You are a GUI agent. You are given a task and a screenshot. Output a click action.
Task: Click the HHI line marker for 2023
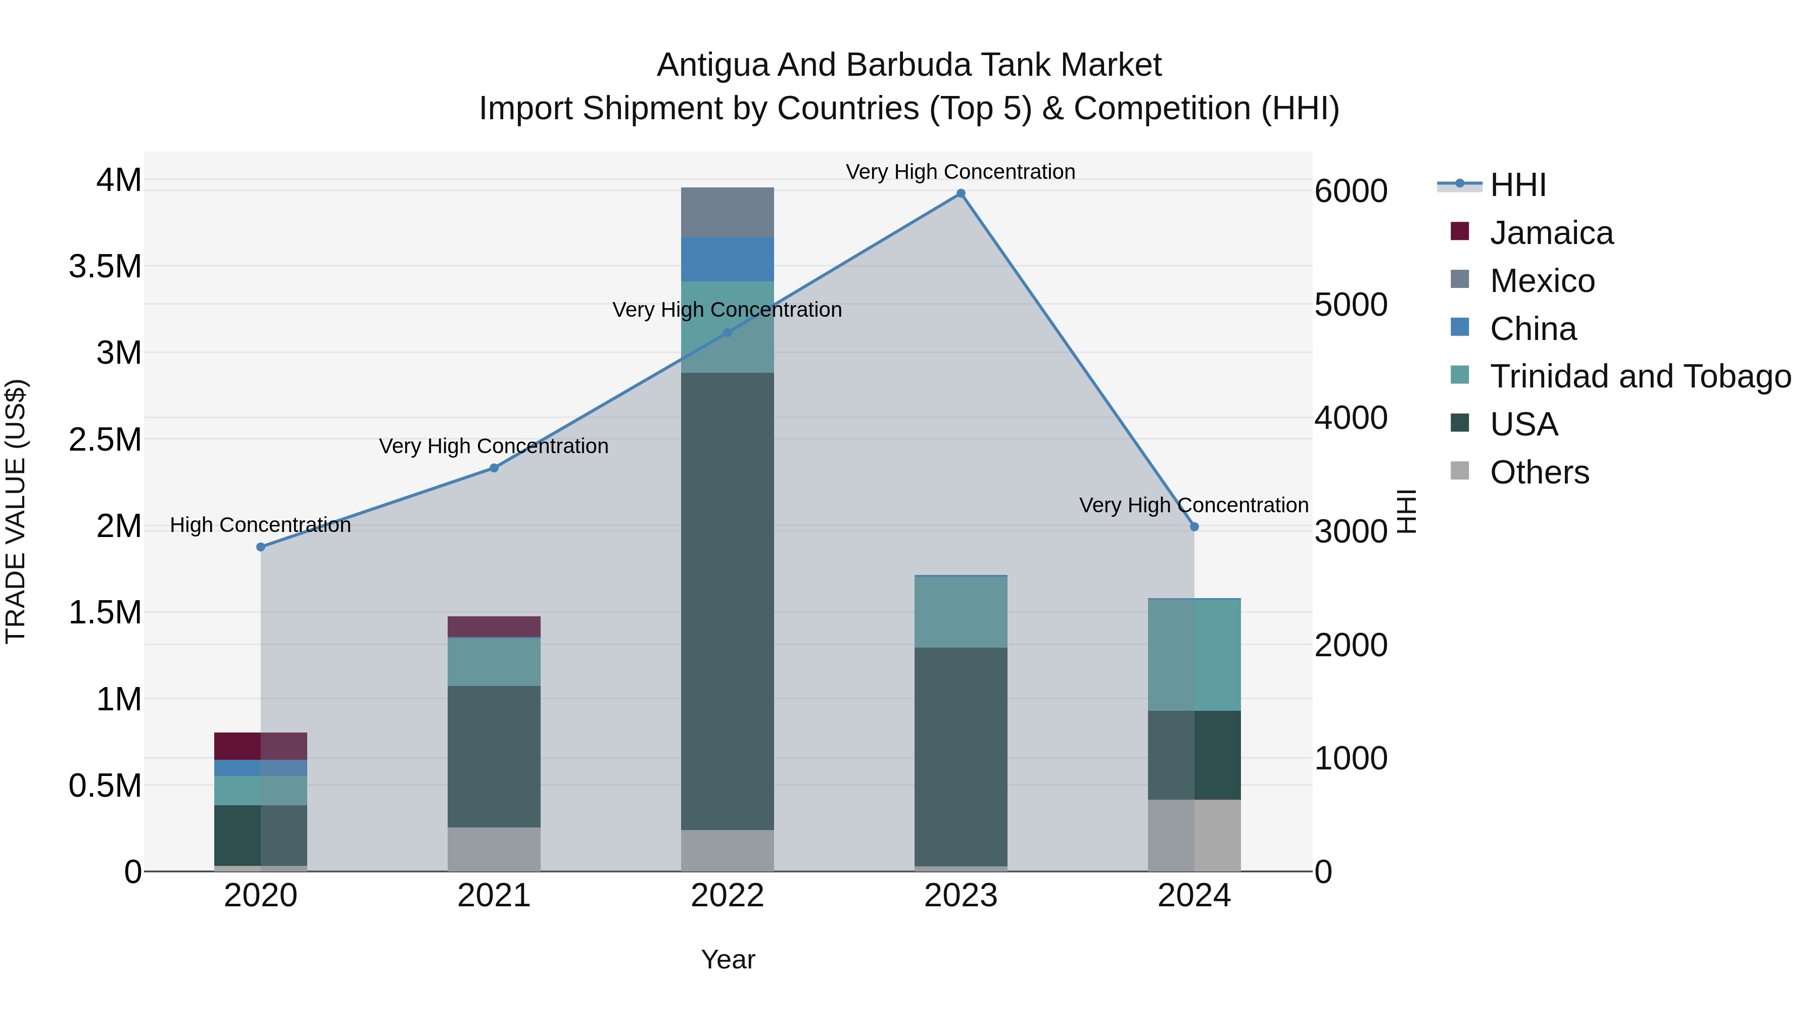point(961,193)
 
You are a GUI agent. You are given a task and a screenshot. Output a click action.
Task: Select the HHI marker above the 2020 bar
point(261,547)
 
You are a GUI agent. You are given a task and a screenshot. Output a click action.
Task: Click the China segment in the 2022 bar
point(727,259)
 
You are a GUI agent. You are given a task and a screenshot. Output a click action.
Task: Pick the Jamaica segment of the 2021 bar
point(494,626)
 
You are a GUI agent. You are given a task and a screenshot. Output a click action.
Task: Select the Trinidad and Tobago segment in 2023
point(961,612)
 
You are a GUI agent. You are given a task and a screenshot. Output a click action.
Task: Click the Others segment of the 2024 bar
point(1194,835)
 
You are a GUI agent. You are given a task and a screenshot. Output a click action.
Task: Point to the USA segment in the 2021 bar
point(494,756)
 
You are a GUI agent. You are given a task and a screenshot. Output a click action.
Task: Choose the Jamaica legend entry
point(1551,233)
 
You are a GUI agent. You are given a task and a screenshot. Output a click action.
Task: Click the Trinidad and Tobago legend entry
point(1640,376)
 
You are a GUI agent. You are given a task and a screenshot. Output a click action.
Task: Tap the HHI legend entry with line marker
point(1517,185)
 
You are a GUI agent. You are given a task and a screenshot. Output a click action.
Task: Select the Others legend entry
point(1539,472)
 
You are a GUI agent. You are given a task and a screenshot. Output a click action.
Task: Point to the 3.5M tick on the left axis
point(105,267)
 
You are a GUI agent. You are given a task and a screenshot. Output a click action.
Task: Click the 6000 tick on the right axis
point(1350,191)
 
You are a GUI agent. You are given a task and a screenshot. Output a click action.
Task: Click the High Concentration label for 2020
point(261,525)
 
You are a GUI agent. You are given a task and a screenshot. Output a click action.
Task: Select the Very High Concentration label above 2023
point(961,172)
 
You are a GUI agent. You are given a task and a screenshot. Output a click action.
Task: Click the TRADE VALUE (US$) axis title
point(16,511)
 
